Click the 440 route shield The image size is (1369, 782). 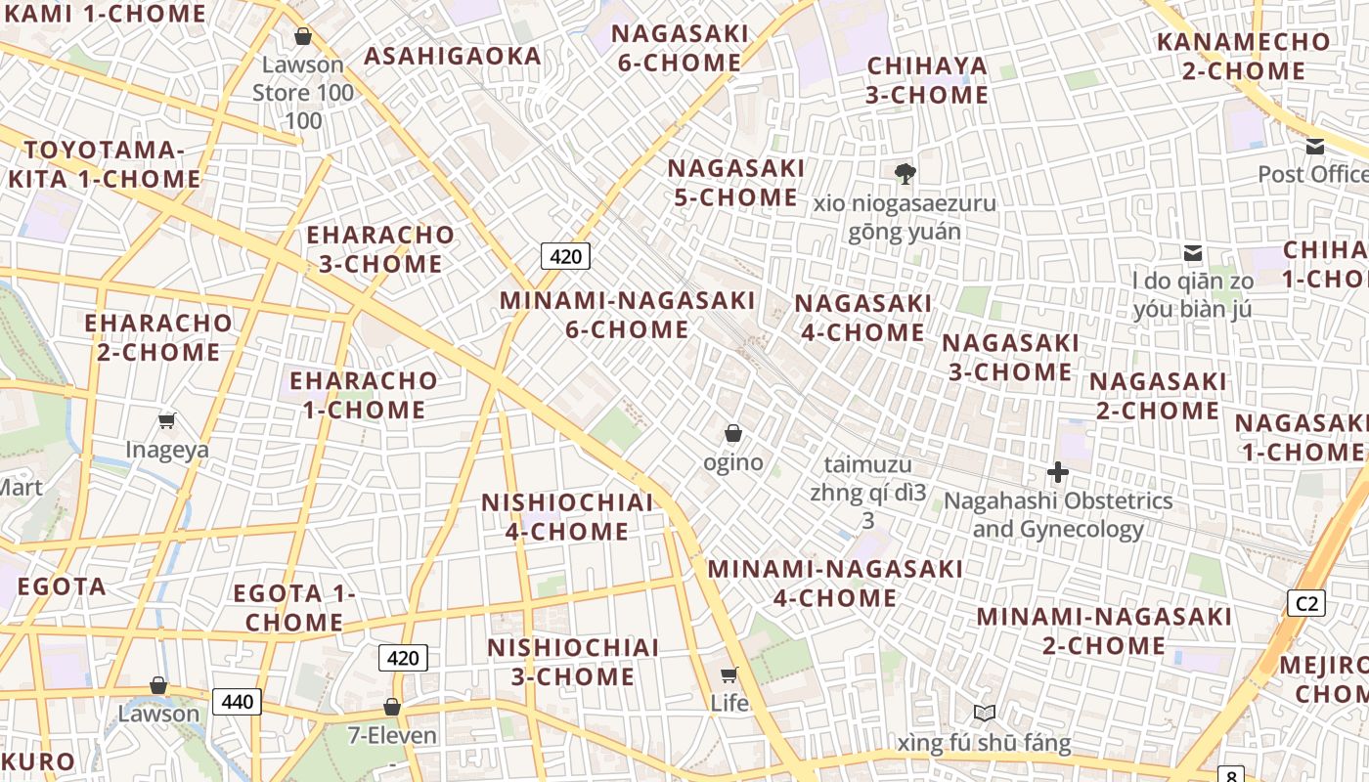pyautogui.click(x=238, y=701)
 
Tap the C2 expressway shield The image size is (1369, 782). pyautogui.click(x=1306, y=603)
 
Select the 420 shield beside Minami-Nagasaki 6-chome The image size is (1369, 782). pyautogui.click(x=565, y=257)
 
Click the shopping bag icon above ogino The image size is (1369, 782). pyautogui.click(x=733, y=433)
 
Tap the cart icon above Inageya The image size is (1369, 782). pyautogui.click(x=166, y=420)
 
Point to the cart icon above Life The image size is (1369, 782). pyautogui.click(x=729, y=674)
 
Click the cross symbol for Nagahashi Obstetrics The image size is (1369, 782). pyautogui.click(x=1057, y=473)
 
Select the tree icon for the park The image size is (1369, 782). pyautogui.click(x=905, y=174)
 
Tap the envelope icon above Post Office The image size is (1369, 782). pyautogui.click(x=1315, y=147)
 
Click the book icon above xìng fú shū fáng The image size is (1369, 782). pyautogui.click(x=984, y=714)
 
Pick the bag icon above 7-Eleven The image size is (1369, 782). pyautogui.click(x=392, y=706)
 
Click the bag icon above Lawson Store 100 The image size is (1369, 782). pyautogui.click(x=303, y=36)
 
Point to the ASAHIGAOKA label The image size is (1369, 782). pyautogui.click(x=453, y=56)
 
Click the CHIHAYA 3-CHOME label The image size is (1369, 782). pyautogui.click(x=928, y=80)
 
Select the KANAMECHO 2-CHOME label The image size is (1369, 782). pyautogui.click(x=1244, y=57)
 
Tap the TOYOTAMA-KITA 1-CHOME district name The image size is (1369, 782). pyautogui.click(x=105, y=164)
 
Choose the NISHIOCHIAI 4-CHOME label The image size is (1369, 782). pyautogui.click(x=567, y=517)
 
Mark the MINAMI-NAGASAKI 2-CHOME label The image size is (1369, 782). pyautogui.click(x=1104, y=631)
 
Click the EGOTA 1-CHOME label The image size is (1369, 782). pyautogui.click(x=294, y=607)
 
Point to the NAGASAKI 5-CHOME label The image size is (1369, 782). pyautogui.click(x=736, y=183)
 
